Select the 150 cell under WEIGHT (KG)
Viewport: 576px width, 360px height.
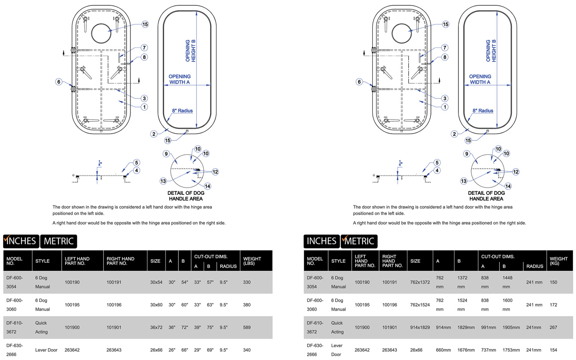[554, 282]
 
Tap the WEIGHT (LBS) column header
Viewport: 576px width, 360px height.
[252, 261]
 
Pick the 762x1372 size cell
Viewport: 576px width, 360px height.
[420, 282]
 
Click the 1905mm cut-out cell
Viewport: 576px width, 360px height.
[510, 328]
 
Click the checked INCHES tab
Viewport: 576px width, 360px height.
[21, 241]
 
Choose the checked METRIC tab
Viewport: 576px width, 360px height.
[359, 241]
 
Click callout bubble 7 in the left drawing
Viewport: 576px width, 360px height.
[145, 47]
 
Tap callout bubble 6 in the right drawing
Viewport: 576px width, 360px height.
[359, 82]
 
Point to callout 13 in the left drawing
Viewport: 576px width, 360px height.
[163, 181]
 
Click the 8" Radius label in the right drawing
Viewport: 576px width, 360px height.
[483, 111]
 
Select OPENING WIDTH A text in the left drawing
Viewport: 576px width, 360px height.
[179, 79]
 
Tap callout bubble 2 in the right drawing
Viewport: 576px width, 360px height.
[454, 134]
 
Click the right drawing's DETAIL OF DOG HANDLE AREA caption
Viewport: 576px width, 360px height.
[486, 196]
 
